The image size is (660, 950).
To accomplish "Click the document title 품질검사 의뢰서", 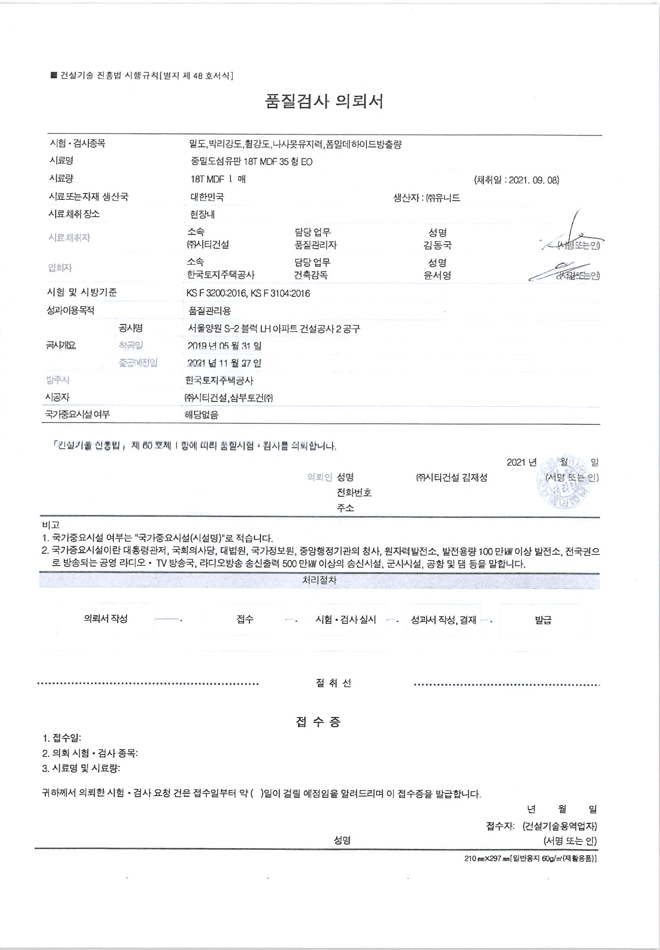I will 324,101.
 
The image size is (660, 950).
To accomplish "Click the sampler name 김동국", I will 438,245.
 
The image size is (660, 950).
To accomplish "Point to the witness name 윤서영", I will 438,275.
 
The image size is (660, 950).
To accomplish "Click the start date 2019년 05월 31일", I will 224,346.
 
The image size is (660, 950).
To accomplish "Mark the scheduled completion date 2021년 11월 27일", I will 224,363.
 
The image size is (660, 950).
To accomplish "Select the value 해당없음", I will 201,415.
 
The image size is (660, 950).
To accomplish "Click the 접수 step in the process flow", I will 245,619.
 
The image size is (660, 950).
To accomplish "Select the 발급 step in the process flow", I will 543,620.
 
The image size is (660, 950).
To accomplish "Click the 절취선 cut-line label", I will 333,683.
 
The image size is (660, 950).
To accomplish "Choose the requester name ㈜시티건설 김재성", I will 452,477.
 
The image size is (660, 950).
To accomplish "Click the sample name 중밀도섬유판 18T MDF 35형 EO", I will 252,162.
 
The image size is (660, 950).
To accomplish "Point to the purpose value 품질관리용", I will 209,311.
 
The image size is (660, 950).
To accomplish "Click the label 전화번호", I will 354,492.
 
